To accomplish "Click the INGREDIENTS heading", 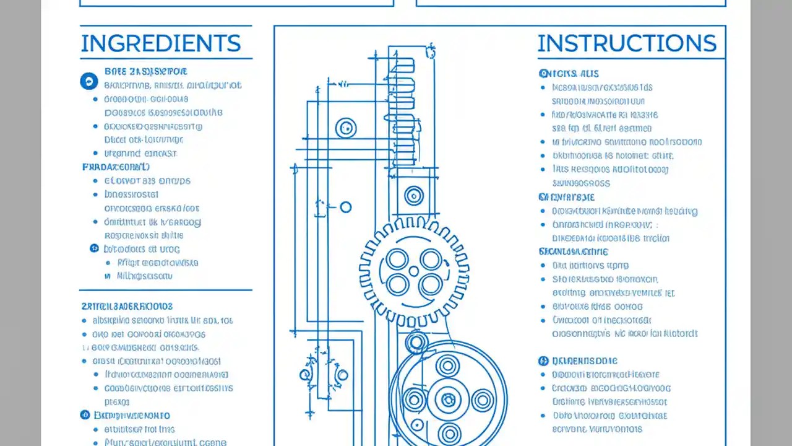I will click(x=160, y=43).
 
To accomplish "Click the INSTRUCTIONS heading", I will click(x=627, y=43).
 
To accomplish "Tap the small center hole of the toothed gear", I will click(x=414, y=271).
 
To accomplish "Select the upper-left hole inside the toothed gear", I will click(x=397, y=258).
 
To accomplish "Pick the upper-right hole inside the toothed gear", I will click(x=431, y=258).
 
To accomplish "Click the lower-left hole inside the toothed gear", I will click(x=397, y=285).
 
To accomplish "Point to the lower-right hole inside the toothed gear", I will click(x=431, y=285).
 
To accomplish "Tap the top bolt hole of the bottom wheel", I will click(x=447, y=366).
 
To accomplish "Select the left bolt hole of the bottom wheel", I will click(x=413, y=400).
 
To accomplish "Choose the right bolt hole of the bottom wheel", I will click(x=482, y=400).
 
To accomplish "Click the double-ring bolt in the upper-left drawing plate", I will click(x=346, y=129).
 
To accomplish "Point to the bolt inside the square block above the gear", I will click(x=414, y=196).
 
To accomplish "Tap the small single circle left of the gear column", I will click(x=346, y=207).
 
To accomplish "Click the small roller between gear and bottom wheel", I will click(x=416, y=342).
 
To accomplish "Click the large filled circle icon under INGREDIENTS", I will click(x=89, y=81).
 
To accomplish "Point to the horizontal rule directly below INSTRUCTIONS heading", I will click(x=631, y=59).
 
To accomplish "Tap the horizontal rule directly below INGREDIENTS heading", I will click(x=166, y=59).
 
